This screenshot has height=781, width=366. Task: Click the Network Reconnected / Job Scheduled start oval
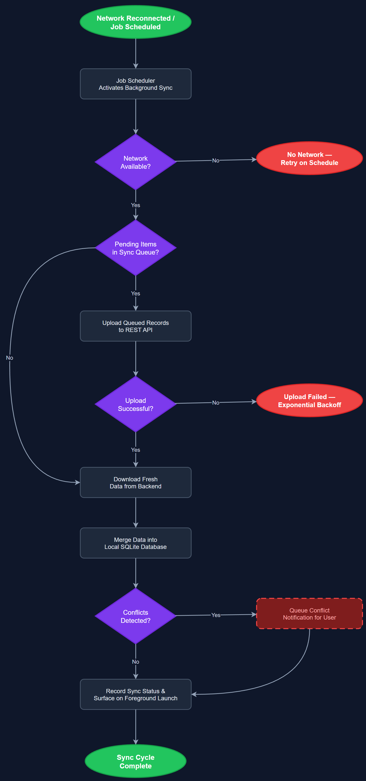pyautogui.click(x=135, y=22)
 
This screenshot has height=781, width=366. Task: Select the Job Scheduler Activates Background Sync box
pyautogui.click(x=135, y=84)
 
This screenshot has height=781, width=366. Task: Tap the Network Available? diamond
pyautogui.click(x=135, y=162)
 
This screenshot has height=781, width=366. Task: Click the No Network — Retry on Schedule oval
pyautogui.click(x=309, y=158)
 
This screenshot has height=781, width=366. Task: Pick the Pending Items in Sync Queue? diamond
pyautogui.click(x=135, y=248)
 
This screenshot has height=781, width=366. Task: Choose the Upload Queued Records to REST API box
pyautogui.click(x=135, y=326)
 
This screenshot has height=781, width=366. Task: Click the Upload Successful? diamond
pyautogui.click(x=135, y=404)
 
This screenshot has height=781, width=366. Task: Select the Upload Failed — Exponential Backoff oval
pyautogui.click(x=309, y=401)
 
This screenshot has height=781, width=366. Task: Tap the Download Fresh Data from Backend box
pyautogui.click(x=135, y=482)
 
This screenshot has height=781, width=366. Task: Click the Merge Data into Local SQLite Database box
pyautogui.click(x=135, y=543)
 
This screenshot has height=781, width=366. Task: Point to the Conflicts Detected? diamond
pyautogui.click(x=135, y=616)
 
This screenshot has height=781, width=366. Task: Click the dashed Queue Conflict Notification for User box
pyautogui.click(x=309, y=614)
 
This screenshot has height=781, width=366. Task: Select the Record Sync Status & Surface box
pyautogui.click(x=135, y=694)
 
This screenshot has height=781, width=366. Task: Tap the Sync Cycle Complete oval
pyautogui.click(x=135, y=761)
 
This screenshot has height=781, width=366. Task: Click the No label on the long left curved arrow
pyautogui.click(x=9, y=358)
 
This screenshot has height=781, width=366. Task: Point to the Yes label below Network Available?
pyautogui.click(x=135, y=205)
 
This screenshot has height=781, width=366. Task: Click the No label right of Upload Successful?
pyautogui.click(x=216, y=403)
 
